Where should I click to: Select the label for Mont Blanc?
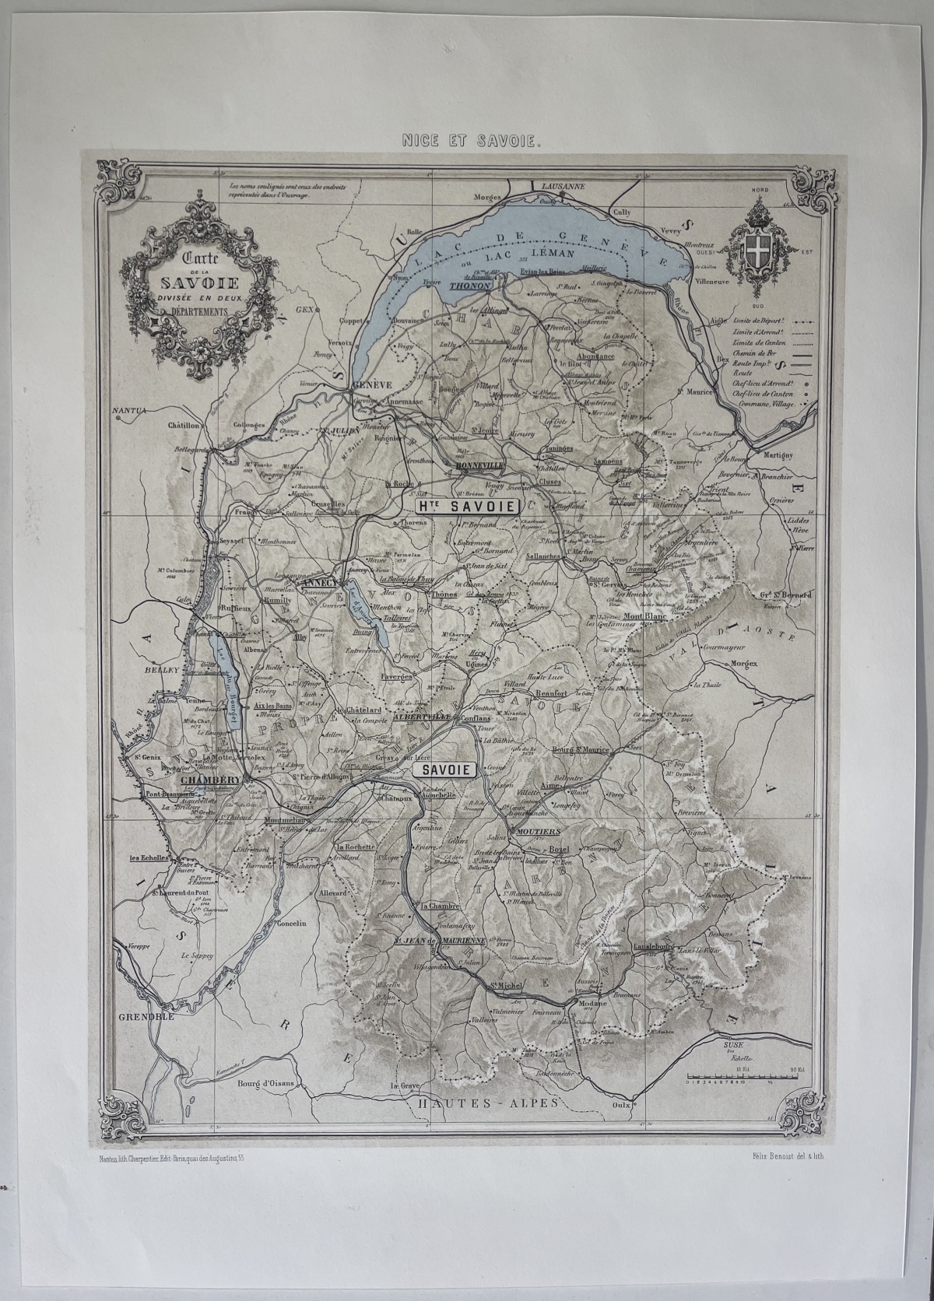tap(641, 617)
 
